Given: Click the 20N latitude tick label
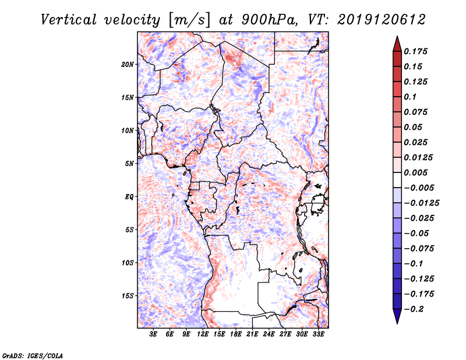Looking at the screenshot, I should [x=128, y=64].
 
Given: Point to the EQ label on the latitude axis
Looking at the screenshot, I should [x=129, y=197].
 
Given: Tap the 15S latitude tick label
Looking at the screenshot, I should [x=128, y=296].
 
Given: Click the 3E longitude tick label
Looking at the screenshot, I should [x=154, y=334].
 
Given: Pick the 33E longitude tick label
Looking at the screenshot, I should [x=319, y=334].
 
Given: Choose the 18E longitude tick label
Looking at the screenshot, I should [x=236, y=334].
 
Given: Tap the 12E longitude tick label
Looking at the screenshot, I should [x=203, y=334].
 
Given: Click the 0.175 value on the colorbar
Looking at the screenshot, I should [x=417, y=51].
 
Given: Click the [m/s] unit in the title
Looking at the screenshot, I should [x=187, y=19].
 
